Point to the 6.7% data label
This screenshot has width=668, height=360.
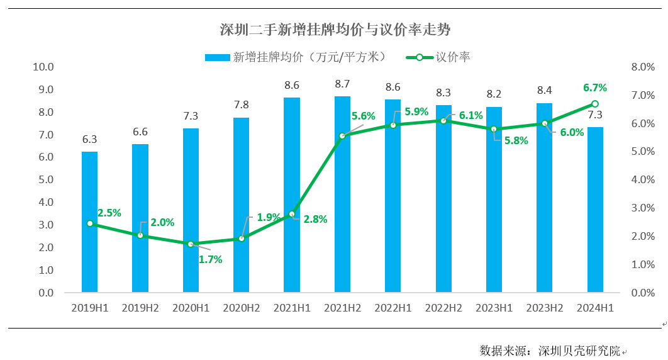[x=595, y=88]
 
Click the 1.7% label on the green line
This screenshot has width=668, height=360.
[x=210, y=259]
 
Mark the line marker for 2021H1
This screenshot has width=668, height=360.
[x=291, y=214]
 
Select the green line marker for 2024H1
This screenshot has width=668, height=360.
[x=595, y=104]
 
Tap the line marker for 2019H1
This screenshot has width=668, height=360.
[x=89, y=223]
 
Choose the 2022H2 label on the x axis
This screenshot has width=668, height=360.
[x=443, y=308]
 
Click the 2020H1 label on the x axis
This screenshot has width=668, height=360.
[x=191, y=308]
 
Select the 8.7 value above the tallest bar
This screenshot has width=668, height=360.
[x=342, y=84]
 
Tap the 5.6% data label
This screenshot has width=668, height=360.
[x=363, y=116]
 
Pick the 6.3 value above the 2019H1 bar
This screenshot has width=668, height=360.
[x=89, y=139]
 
